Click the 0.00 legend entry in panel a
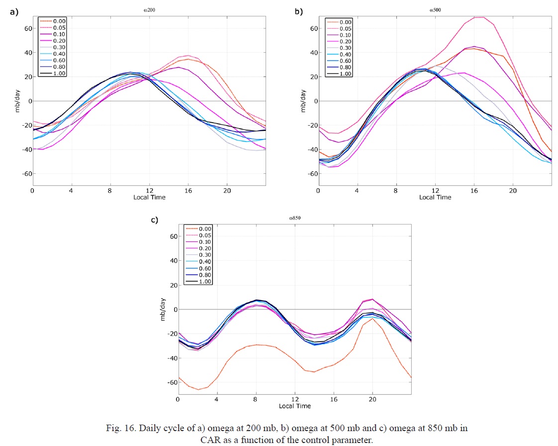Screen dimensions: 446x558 56,21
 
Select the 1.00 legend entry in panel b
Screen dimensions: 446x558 345,74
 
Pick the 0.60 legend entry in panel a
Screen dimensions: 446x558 56,60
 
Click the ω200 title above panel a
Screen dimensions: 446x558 149,9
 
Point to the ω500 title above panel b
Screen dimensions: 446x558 435,9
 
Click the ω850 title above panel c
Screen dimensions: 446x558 294,218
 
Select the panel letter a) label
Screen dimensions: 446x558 14,11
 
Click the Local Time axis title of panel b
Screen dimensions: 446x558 435,197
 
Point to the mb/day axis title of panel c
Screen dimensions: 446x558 163,309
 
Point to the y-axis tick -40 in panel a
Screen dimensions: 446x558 23,149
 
